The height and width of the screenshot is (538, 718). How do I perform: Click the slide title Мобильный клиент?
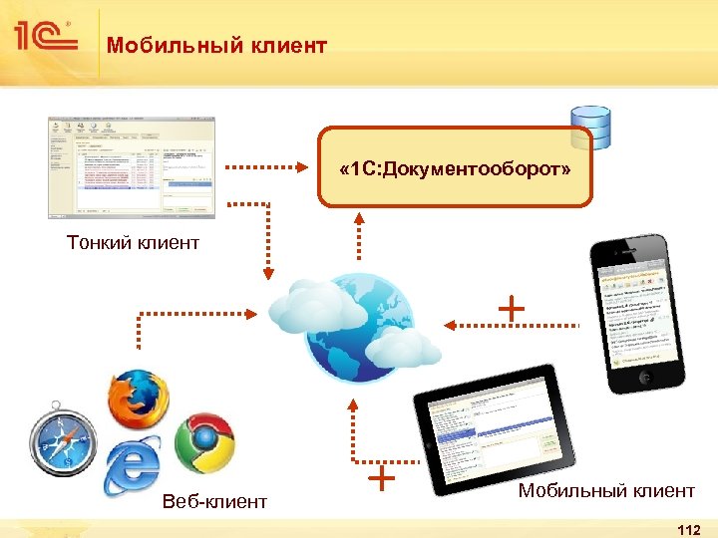coord(217,45)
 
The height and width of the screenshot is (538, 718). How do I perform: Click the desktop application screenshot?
coord(131,166)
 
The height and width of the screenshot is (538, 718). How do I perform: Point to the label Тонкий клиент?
coord(133,242)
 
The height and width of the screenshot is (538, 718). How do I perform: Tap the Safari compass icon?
coord(63,441)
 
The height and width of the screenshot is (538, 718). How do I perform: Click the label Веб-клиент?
coord(214,501)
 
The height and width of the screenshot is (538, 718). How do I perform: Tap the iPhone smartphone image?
coord(639,315)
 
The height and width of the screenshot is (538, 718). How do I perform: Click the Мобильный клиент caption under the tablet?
coord(606,490)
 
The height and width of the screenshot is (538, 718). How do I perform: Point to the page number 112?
coord(688,528)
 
